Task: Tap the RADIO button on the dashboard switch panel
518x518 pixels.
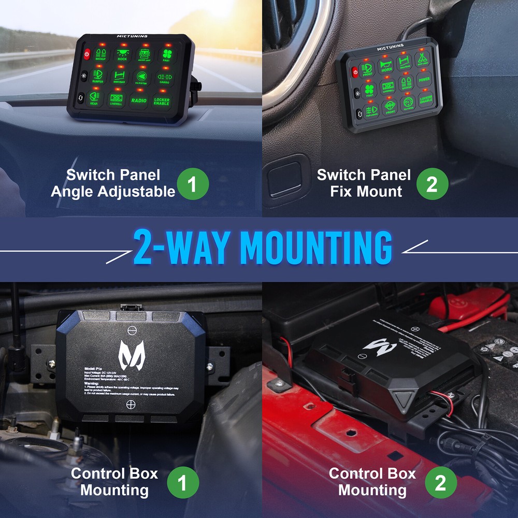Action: (x=138, y=99)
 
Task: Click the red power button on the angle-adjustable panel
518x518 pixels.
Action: (x=87, y=53)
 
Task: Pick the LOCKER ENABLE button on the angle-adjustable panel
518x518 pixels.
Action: (x=161, y=101)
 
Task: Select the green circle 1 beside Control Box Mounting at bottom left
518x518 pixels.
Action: (x=183, y=483)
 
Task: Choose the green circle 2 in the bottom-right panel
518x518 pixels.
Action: (x=440, y=483)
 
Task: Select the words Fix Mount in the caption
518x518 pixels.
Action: (x=366, y=191)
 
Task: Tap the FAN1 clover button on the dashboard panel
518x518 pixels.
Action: (x=166, y=54)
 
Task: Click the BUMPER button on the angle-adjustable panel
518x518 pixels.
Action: (x=98, y=77)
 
